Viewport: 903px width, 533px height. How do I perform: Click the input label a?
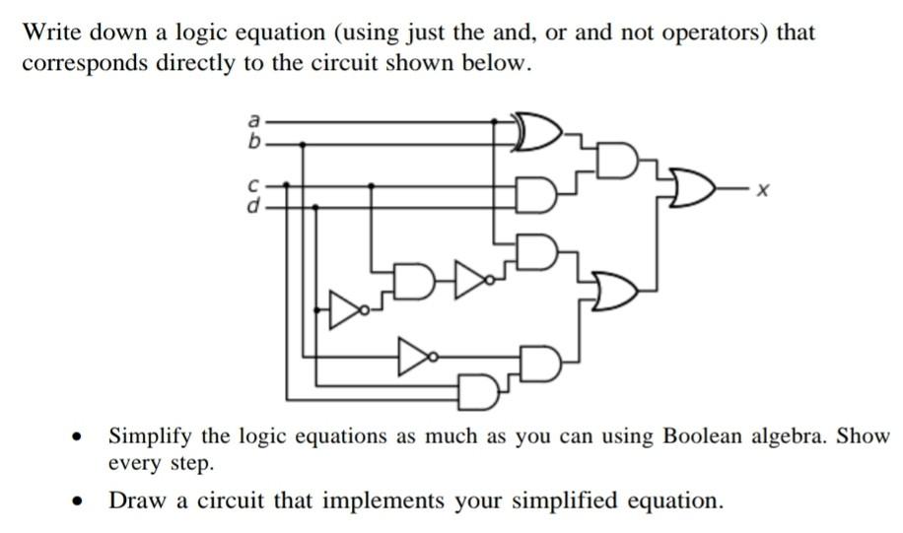click(253, 121)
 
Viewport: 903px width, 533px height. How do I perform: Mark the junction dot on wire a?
click(494, 121)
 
